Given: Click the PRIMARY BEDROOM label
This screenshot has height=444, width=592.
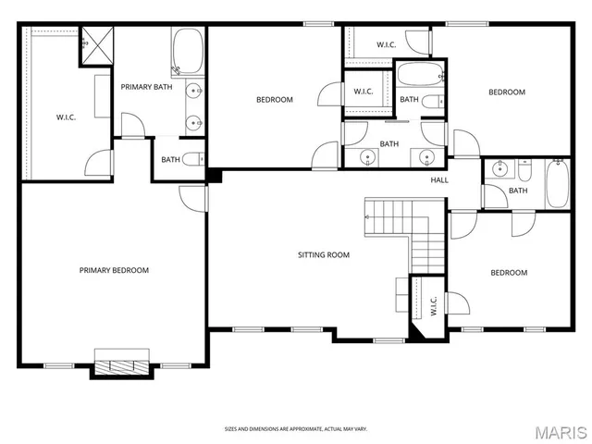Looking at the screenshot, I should (114, 270).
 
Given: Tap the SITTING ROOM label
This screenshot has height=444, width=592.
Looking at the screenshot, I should (323, 254).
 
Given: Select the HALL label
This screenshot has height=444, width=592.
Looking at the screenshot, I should (439, 179).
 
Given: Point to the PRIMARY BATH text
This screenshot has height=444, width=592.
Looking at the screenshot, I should (146, 87).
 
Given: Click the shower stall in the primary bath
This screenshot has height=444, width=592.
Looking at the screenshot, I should (94, 42).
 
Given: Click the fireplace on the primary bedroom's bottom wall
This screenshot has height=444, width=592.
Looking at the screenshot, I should (120, 364).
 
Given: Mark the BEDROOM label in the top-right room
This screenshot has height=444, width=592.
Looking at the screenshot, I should (507, 92).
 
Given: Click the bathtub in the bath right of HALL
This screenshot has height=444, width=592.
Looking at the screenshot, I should (558, 183).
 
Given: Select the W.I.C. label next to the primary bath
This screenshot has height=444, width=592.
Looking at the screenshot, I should (65, 117).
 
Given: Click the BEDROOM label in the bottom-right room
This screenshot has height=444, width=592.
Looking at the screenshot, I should (509, 273).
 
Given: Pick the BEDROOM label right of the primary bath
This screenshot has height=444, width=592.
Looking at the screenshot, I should (275, 100).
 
